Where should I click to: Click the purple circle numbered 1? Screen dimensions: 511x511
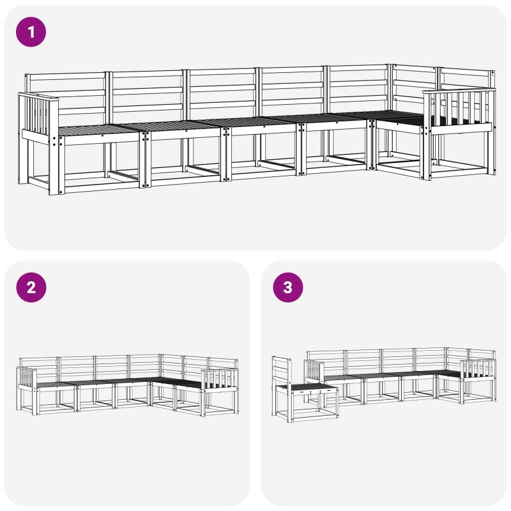point(31,32)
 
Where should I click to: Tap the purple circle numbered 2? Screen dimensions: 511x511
point(31,287)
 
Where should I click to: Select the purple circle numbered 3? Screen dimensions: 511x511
point(288,287)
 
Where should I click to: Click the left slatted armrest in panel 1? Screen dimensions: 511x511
point(38,118)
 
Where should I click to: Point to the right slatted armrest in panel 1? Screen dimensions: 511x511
point(459,110)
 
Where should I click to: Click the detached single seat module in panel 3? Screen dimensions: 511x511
point(305,390)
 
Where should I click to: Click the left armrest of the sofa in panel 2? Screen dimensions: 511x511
point(27,378)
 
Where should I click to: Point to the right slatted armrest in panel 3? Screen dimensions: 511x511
point(478,371)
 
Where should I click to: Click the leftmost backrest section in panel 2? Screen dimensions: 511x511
point(39,369)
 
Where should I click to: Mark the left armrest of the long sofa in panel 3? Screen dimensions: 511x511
point(314,371)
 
